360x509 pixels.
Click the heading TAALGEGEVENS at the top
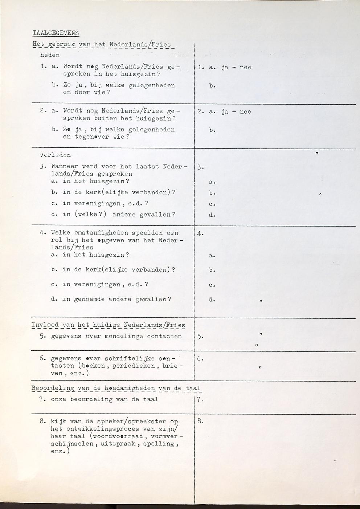coord(56,33)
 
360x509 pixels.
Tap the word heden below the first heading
coord(50,55)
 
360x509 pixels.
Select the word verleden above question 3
coord(55,155)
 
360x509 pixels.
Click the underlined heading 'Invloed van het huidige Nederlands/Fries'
coord(108,325)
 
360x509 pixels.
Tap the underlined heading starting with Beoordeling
coord(116,388)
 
